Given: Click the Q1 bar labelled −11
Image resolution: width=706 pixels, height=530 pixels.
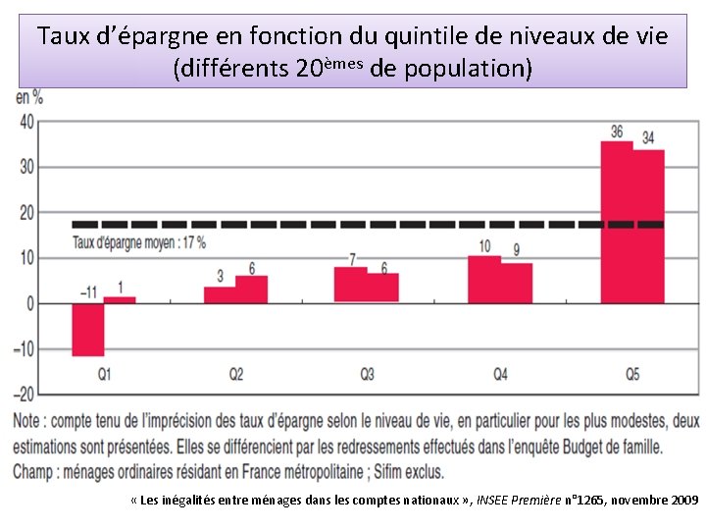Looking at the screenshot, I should (x=87, y=329).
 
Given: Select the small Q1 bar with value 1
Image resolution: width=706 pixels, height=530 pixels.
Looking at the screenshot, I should (x=120, y=299).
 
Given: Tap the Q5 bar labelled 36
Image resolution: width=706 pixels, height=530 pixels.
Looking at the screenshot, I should (x=617, y=222).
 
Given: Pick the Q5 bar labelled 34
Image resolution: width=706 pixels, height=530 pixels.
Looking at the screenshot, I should (x=648, y=226).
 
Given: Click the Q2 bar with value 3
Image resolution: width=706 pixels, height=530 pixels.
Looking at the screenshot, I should (x=220, y=294).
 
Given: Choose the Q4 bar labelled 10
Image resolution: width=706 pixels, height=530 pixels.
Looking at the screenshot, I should (x=484, y=279).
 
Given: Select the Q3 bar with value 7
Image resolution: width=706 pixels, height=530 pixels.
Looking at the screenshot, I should (x=350, y=285).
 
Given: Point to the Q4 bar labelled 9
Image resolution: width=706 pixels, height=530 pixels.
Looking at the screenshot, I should (x=517, y=283).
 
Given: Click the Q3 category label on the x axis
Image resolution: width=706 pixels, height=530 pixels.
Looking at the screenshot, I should (x=367, y=374).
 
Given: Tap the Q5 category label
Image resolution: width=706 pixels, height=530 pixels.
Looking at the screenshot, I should (x=632, y=374).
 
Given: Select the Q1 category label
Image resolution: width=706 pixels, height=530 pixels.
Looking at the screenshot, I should (x=104, y=374).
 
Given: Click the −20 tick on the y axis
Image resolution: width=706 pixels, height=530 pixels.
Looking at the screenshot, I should (x=23, y=394).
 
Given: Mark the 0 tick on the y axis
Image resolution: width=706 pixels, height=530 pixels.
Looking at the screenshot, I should (x=29, y=303).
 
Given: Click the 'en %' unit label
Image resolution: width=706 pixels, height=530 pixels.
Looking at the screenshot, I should (x=29, y=97).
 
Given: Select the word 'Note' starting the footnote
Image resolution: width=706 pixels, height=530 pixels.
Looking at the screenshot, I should (x=30, y=422).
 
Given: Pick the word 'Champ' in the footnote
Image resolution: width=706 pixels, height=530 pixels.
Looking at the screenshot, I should (x=36, y=471).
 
